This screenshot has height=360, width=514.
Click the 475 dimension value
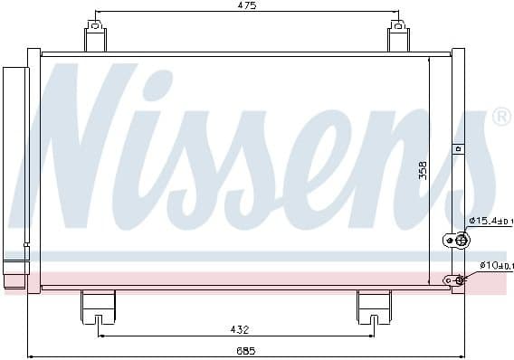click(247, 6)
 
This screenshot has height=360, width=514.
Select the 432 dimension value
click(239, 329)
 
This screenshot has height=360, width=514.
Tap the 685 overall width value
click(247, 350)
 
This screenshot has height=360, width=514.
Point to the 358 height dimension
click(422, 170)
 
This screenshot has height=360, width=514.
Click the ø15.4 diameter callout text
click(489, 221)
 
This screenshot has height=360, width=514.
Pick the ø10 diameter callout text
click(489, 265)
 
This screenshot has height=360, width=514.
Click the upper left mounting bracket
click(96, 38)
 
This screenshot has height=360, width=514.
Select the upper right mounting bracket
click(398, 38)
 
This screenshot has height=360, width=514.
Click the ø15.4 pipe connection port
click(460, 240)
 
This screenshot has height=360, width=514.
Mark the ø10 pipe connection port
click(458, 280)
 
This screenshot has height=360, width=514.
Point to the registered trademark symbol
click(500, 117)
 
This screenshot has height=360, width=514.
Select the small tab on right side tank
click(457, 147)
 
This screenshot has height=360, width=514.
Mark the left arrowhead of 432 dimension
click(100, 336)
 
